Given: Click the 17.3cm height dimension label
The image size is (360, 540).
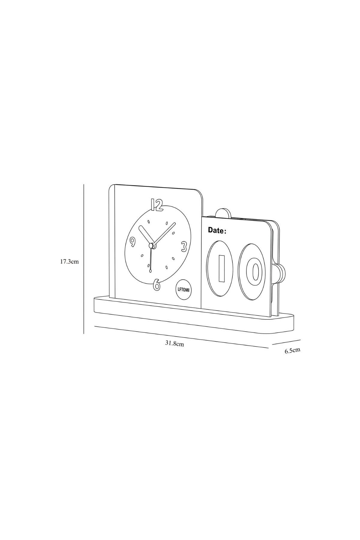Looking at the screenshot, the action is pos(69,261).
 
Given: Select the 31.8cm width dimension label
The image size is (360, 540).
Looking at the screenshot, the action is pos(174,343).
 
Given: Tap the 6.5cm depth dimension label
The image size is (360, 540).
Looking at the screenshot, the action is pos(292,350).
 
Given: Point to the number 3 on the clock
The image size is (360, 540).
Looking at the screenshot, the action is pos(184,246).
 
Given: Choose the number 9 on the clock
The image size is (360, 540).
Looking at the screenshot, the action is pos(132,241).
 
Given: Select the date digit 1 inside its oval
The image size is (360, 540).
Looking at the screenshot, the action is pos(222,268).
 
